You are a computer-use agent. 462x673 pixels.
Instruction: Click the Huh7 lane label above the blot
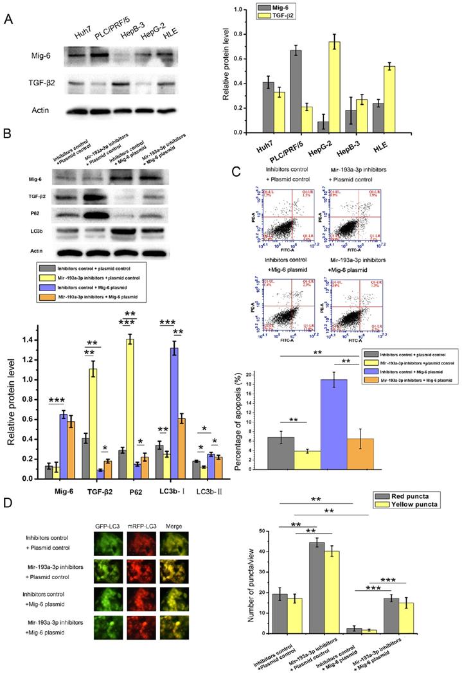[74, 31]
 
